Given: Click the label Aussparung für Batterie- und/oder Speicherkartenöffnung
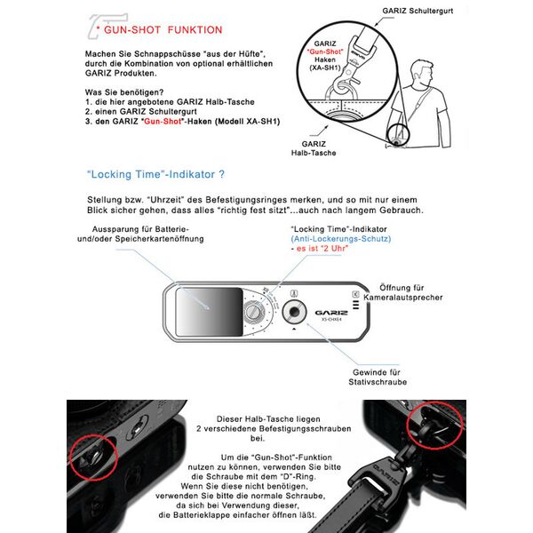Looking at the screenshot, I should (136, 234).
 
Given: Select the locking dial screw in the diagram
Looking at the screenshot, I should (256, 314).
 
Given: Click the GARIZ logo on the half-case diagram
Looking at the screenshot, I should (330, 312).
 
